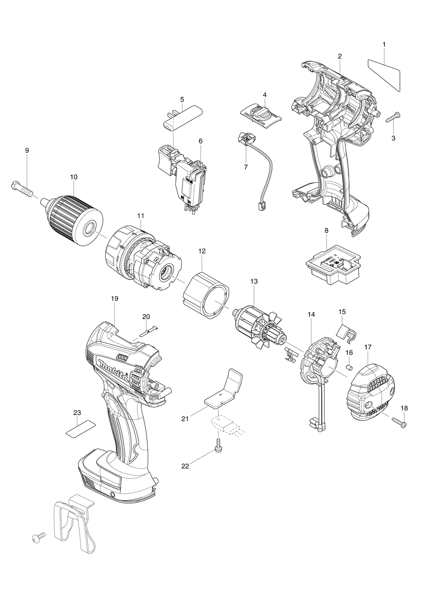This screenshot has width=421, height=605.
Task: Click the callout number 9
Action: point(27,150)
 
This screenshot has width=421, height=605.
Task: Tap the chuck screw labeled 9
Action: point(22,189)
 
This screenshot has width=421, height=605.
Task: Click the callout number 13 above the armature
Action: point(254,282)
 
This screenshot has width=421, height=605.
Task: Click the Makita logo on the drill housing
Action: point(115,369)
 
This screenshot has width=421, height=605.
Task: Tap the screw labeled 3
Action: point(392,117)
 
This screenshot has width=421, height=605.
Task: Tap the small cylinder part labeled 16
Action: point(348,366)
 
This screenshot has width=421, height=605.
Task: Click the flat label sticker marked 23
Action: point(80,428)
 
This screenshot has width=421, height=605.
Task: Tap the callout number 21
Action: point(185,418)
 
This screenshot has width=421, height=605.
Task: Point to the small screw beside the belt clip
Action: point(37,538)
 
